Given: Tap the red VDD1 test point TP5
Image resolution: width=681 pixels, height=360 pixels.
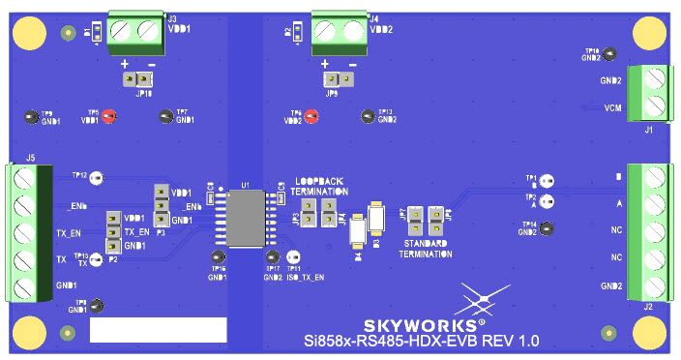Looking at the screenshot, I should point(109,117).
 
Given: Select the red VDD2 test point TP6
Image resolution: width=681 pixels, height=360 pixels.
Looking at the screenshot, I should point(311,117).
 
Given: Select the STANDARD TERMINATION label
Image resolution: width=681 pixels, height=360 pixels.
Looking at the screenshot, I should point(428,247).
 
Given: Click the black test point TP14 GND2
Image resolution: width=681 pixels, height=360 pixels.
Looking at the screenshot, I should point(547,228).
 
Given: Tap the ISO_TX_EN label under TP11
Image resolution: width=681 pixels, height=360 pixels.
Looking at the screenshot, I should point(305,277).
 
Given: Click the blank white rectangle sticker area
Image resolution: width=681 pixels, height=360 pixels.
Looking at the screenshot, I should point(158,330).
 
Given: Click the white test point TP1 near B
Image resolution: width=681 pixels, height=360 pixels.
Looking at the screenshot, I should point(547,181).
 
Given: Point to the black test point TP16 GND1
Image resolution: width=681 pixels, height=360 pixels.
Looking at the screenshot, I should point(217,256).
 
